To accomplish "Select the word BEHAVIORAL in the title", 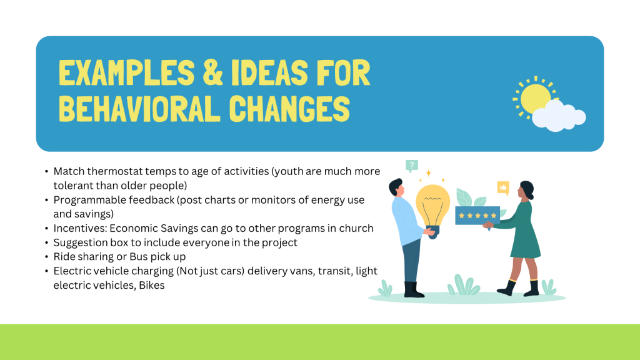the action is click(139, 109).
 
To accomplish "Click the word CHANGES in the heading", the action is click(289, 109).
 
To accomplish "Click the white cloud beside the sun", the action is click(559, 116).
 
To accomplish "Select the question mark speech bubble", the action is click(411, 166).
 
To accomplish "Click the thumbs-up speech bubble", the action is click(503, 188).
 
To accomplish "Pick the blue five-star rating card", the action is click(477, 216).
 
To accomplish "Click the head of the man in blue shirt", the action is click(397, 188).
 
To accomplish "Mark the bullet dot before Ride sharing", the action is click(46, 257).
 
